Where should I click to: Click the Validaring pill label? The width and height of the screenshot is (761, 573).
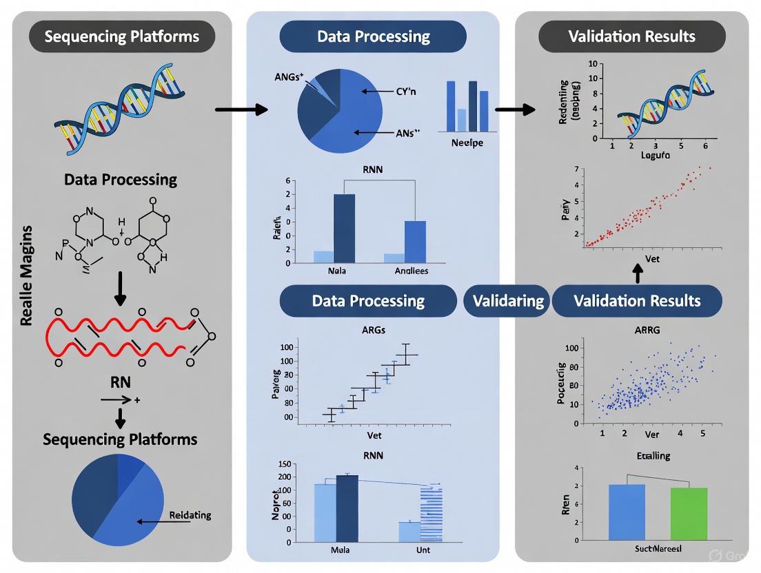click(x=507, y=301)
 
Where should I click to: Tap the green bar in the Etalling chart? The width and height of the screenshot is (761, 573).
click(x=689, y=513)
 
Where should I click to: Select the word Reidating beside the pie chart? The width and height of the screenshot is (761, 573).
click(x=190, y=515)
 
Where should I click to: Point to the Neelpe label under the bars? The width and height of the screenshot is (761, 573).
click(x=467, y=143)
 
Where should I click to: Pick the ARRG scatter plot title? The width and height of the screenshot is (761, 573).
click(x=647, y=330)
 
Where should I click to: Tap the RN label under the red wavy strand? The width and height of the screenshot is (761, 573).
click(x=121, y=382)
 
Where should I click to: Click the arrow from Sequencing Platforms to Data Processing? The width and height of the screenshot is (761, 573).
click(x=241, y=110)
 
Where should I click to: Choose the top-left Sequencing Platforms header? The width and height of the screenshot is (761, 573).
click(x=121, y=36)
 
